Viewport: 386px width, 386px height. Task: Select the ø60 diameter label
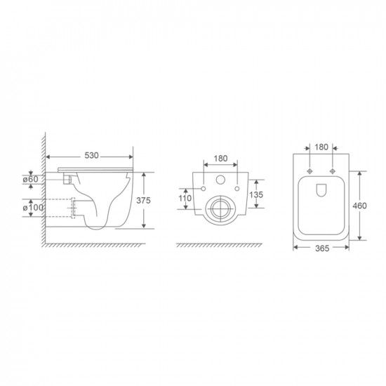tap(36, 180)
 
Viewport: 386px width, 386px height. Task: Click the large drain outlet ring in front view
tap(220, 208)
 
